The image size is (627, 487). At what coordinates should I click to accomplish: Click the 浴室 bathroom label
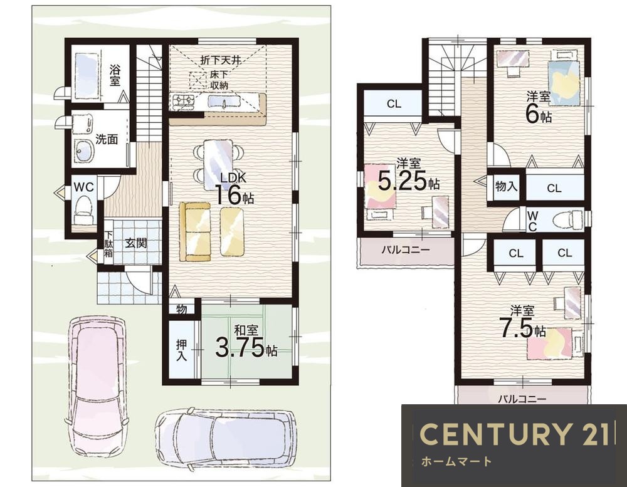115,75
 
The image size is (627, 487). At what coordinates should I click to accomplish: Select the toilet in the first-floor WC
84,209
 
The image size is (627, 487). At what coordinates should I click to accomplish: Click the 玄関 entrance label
136,243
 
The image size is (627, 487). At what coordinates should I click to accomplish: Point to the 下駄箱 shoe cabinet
108,243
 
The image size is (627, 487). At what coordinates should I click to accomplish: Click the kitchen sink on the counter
223,102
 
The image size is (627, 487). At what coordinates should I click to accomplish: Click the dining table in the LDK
218,164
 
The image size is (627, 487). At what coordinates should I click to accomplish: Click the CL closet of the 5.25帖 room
394,104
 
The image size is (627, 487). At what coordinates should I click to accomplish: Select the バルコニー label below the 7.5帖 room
522,399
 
